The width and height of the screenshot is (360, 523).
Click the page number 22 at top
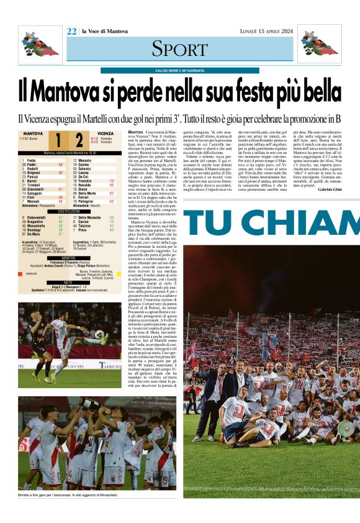click(72, 32)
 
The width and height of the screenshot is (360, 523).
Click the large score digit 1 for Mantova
click(57, 140)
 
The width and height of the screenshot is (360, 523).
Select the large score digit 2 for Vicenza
click(78, 140)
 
